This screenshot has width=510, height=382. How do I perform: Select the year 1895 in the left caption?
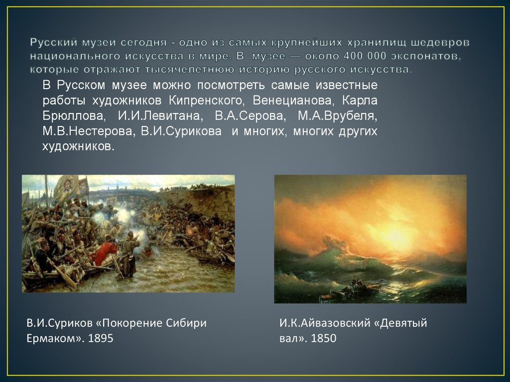tap(101, 339)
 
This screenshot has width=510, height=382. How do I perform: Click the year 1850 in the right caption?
tap(324, 339)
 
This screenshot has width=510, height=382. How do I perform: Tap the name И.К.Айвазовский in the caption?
tap(323, 323)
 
